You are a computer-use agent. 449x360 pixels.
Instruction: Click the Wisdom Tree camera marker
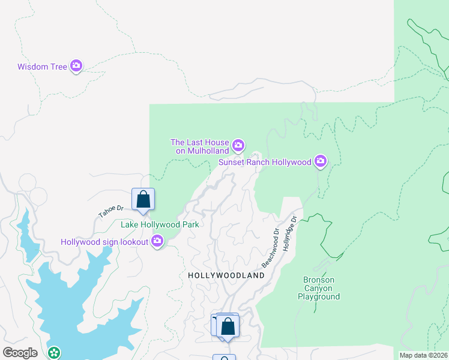(x=76, y=66)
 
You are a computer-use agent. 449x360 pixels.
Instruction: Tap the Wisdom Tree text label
(x=42, y=67)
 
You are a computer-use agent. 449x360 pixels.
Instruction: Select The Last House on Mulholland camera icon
(x=238, y=145)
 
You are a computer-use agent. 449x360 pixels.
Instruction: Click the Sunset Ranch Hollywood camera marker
(x=321, y=161)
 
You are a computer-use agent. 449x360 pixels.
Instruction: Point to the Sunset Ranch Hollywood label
(x=265, y=162)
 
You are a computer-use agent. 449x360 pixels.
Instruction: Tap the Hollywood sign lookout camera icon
(x=157, y=241)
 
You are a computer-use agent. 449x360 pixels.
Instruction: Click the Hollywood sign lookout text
(x=104, y=242)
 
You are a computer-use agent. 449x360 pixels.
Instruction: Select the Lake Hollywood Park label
(x=160, y=224)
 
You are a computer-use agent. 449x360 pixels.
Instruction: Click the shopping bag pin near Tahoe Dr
(x=143, y=199)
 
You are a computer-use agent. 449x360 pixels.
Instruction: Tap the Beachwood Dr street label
(x=271, y=248)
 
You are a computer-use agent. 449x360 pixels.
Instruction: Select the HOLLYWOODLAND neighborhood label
(x=226, y=275)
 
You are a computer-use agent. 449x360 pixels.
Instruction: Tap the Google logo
(x=20, y=352)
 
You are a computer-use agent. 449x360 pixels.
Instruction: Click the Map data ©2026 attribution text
(x=424, y=355)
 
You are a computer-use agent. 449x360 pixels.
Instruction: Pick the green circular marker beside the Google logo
(x=55, y=353)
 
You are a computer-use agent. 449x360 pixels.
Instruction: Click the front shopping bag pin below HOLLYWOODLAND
(x=228, y=326)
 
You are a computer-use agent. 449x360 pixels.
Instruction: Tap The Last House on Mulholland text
(x=199, y=146)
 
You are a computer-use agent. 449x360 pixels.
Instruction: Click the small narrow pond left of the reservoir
(x=27, y=234)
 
